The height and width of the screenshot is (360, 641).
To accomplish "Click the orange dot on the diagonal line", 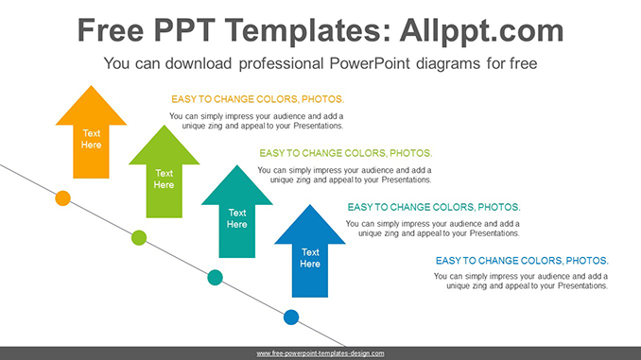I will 62,197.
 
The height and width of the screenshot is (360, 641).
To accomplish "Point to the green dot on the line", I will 139,237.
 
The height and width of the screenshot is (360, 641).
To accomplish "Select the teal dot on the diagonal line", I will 215,277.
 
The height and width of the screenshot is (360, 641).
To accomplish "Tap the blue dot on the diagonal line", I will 291,317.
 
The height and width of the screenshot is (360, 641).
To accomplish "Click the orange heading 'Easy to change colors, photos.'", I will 257,99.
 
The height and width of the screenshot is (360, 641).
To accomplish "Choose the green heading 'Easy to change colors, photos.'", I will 345,153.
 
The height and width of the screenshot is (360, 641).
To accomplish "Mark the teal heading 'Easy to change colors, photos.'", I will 433,207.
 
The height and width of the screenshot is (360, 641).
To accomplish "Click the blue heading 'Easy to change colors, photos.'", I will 521,261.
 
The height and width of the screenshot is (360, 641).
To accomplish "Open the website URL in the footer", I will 320,353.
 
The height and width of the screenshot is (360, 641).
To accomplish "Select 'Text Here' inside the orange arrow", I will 91,139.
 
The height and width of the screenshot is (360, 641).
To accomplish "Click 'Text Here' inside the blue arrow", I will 310,258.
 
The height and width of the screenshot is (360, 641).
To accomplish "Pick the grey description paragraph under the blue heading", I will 521,281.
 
